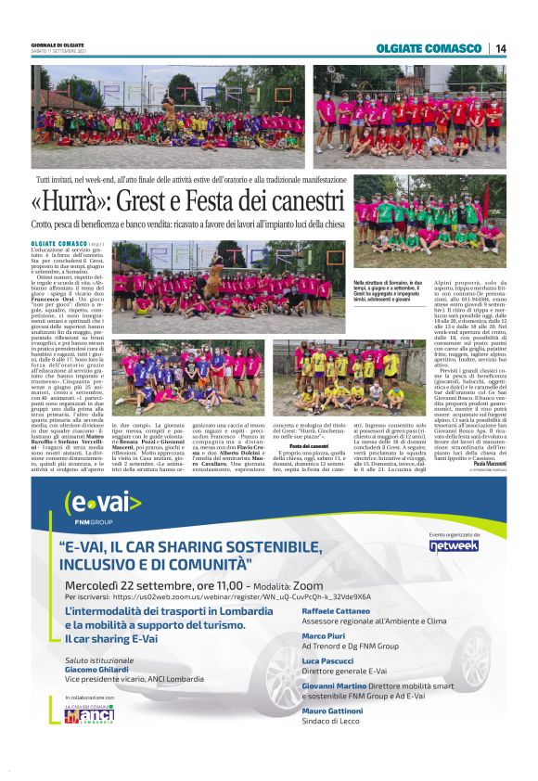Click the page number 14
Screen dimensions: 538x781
pyautogui.click(x=501, y=48)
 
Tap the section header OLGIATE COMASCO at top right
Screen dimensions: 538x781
pyautogui.click(x=429, y=48)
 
